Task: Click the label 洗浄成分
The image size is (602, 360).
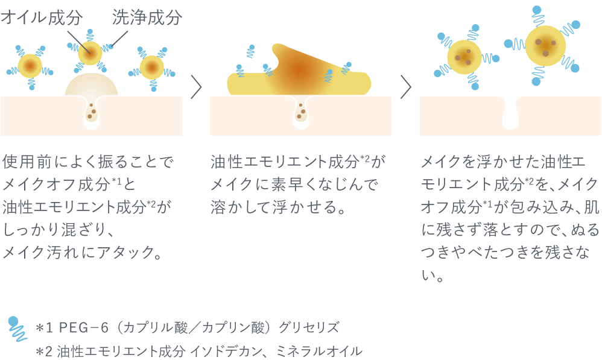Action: pos(147,18)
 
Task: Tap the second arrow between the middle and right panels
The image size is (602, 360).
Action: pos(405,87)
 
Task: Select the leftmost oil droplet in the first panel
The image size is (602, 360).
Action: pos(30,65)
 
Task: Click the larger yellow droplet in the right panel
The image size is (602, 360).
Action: pos(546,44)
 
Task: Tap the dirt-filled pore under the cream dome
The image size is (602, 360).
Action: pos(92,112)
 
